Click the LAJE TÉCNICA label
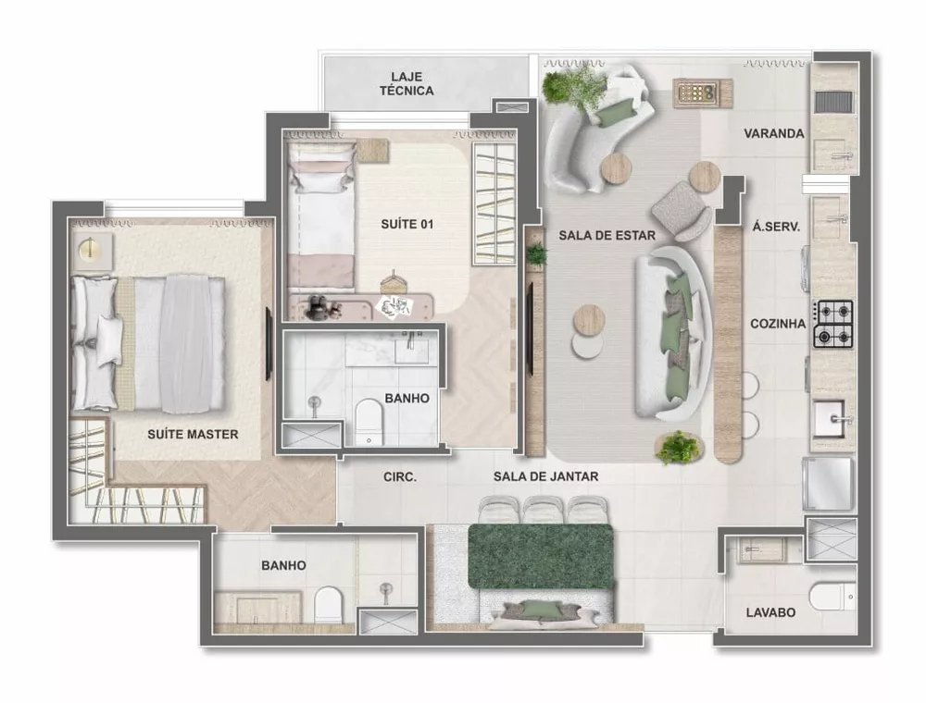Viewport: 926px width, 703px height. click(407, 83)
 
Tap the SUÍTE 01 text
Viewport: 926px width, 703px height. click(407, 224)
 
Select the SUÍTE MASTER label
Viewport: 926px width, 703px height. click(193, 434)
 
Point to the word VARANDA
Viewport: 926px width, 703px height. click(773, 133)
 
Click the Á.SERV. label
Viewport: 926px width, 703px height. click(777, 225)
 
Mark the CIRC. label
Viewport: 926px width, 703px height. click(400, 477)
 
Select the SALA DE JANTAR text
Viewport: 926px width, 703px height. click(545, 476)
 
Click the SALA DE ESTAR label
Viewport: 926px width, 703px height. click(607, 235)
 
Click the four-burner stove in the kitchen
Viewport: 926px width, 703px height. click(833, 325)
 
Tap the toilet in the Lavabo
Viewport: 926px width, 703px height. click(830, 597)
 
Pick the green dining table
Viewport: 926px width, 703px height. click(541, 556)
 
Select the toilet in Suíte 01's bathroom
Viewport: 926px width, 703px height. click(369, 421)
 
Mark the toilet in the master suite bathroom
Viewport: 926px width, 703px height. click(328, 605)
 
